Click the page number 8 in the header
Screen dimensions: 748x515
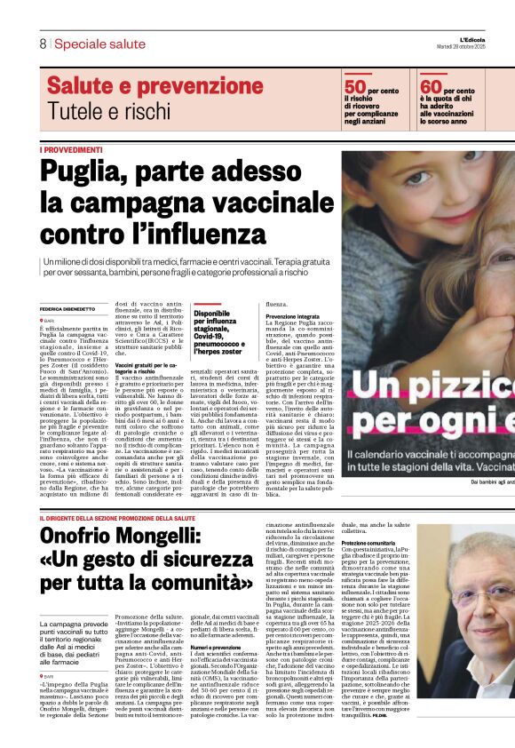(x=42, y=44)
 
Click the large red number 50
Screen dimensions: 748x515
(x=355, y=86)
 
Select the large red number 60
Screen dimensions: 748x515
(x=431, y=86)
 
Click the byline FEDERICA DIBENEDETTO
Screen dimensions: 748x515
(x=70, y=309)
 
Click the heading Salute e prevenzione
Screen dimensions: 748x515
(x=138, y=86)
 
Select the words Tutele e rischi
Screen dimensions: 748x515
(x=107, y=111)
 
